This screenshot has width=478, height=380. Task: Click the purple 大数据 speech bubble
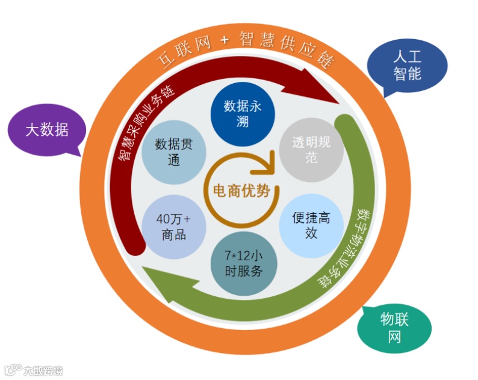tap(46, 129)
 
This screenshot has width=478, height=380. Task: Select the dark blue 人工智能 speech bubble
tap(408, 66)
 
